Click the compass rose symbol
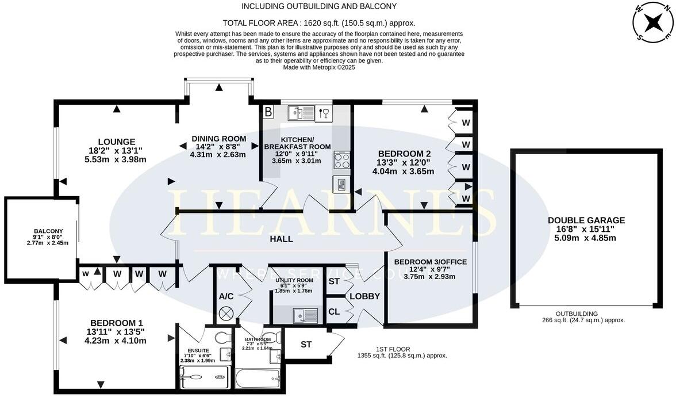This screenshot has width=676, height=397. (x=653, y=23)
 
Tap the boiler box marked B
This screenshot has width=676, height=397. (x=268, y=112)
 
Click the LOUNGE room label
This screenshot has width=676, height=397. (x=116, y=142)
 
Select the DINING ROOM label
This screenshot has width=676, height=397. (x=219, y=139)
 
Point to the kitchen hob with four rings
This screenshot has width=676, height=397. (x=341, y=159)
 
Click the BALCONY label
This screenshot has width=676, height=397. (x=48, y=231)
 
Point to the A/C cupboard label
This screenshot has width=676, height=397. (x=226, y=296)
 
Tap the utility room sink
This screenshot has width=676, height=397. (x=305, y=315)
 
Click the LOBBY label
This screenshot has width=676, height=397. (x=365, y=296)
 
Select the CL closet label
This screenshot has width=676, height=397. (x=334, y=312)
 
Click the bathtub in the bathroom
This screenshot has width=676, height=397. (x=258, y=378)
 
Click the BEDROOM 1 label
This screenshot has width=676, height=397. (x=116, y=323)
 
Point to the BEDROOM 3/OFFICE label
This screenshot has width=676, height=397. (x=430, y=262)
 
